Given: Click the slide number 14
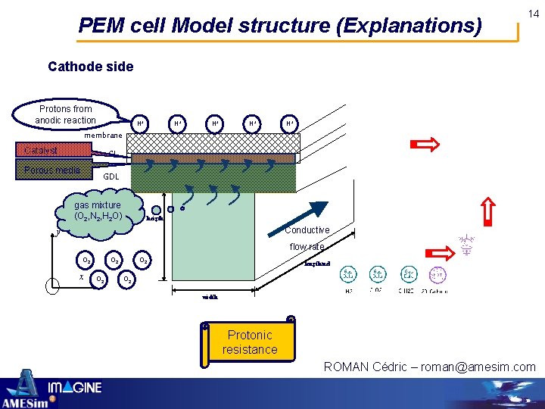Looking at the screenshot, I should pos(534,14).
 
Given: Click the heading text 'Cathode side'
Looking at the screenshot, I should pos(90,67).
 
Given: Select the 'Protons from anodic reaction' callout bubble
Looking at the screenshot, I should pos(66,114).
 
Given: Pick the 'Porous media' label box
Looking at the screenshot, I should pos(52,170).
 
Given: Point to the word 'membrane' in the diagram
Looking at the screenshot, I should pos(104,135).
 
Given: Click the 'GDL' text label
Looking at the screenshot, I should pos(111,176).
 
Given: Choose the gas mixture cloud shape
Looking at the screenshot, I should pos(98,211).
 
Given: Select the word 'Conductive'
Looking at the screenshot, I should pos(307,230).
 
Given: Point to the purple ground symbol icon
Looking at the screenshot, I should pos(466,244).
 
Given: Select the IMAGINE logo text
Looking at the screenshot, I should pos(75,388).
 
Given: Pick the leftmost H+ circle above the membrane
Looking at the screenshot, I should pos(141,123).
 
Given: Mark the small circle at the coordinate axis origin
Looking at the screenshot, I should pos(51,286).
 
